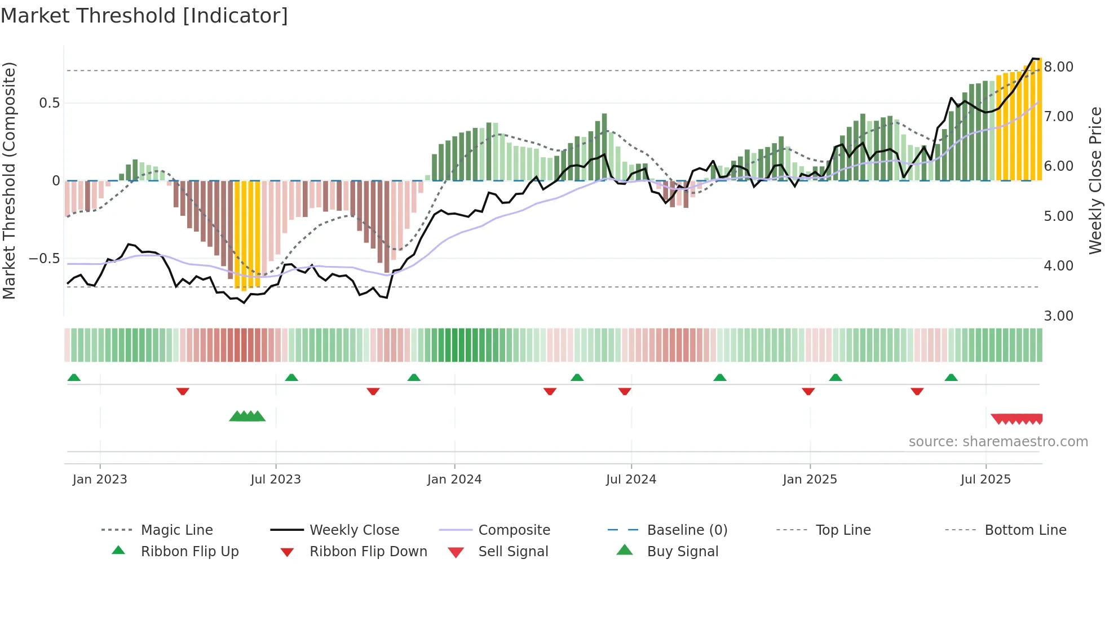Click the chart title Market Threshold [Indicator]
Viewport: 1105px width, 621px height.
(x=144, y=16)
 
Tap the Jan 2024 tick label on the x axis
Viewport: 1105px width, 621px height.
(x=454, y=480)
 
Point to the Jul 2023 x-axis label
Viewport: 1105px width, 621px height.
(x=276, y=480)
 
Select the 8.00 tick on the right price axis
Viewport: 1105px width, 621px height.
(x=1058, y=67)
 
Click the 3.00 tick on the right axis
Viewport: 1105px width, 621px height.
(x=1058, y=316)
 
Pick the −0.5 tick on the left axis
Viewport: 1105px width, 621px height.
(x=44, y=259)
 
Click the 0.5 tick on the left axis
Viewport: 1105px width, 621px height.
(x=49, y=103)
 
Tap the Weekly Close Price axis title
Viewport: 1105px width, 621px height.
(x=1095, y=180)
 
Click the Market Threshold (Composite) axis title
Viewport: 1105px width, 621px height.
(x=9, y=180)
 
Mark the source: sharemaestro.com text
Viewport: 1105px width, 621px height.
(x=998, y=442)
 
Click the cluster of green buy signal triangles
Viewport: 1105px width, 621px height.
(x=247, y=416)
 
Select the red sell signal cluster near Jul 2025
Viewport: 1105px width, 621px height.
(x=1017, y=419)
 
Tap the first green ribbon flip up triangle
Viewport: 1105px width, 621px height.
(x=74, y=378)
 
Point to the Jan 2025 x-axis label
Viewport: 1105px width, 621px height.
(x=810, y=480)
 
